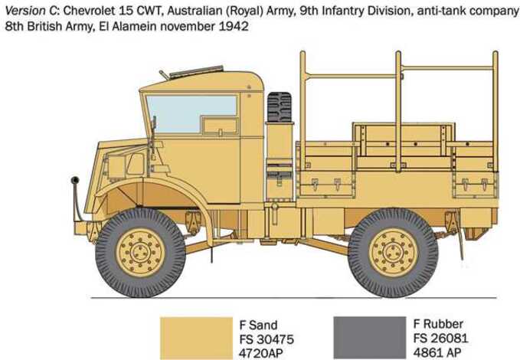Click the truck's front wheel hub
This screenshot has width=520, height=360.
141,253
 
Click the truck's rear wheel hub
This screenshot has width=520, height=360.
394,253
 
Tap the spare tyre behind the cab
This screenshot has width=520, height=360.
280,106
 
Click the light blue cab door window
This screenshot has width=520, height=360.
191,114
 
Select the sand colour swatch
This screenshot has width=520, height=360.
196,338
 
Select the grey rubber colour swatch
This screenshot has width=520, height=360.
370,338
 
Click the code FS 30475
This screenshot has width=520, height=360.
267,339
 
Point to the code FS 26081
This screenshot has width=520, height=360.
440,338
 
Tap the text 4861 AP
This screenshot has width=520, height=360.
437,352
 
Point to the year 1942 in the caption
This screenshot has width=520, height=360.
234,26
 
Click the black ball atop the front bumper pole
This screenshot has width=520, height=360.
75,180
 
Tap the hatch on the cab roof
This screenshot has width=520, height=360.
196,71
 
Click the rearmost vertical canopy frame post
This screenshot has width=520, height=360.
495,111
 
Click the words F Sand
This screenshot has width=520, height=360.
258,326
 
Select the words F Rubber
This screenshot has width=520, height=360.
438,324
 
